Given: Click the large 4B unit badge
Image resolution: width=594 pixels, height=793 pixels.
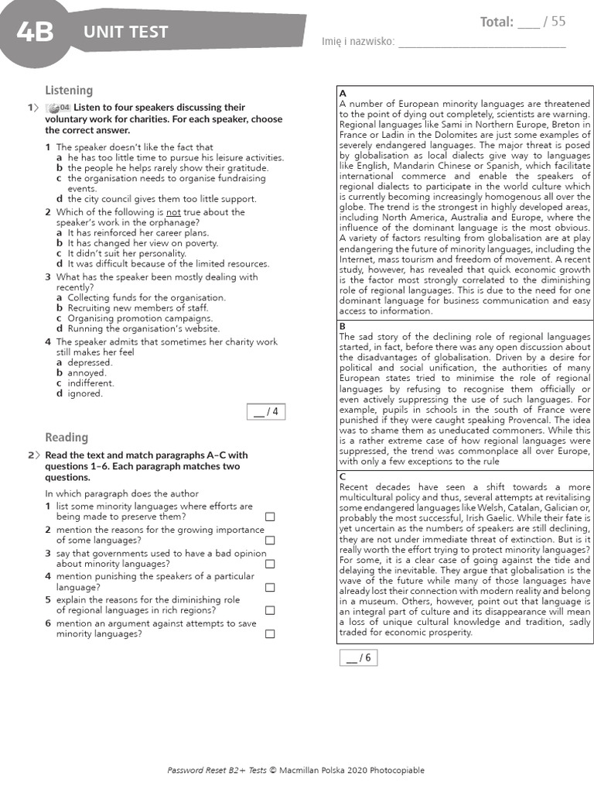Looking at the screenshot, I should click(x=35, y=33).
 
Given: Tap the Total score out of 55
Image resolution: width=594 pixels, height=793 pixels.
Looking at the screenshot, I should click(x=523, y=22).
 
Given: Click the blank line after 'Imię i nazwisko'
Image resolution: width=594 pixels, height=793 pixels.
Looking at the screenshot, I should click(x=481, y=42).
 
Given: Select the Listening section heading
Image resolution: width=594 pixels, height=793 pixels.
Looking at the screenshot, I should click(x=69, y=91).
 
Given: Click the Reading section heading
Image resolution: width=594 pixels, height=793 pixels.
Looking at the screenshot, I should click(x=67, y=438).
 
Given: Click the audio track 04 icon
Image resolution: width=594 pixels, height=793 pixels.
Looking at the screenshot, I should click(x=59, y=108).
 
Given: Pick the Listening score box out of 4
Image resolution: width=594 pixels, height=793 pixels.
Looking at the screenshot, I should click(x=265, y=412).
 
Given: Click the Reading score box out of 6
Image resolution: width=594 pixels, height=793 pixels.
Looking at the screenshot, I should click(x=358, y=658).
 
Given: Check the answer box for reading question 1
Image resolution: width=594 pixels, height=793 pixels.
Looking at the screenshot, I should click(x=270, y=517).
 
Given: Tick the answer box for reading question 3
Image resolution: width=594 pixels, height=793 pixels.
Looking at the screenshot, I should click(x=270, y=564).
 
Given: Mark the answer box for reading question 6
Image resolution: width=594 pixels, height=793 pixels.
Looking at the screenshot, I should click(x=270, y=633).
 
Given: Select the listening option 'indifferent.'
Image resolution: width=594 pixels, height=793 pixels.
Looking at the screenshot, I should click(x=90, y=383).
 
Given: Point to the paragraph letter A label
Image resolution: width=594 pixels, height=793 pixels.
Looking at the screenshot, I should click(x=343, y=94).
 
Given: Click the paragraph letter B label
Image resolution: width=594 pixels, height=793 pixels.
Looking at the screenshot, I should click(x=343, y=327).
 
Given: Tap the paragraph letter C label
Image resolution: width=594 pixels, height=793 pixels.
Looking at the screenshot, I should click(x=343, y=476).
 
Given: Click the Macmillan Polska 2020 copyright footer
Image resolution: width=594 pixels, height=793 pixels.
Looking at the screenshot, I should click(x=296, y=770).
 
